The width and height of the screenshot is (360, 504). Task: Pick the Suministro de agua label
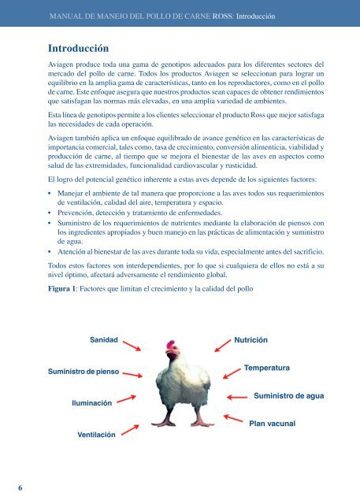tap(289, 395)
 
